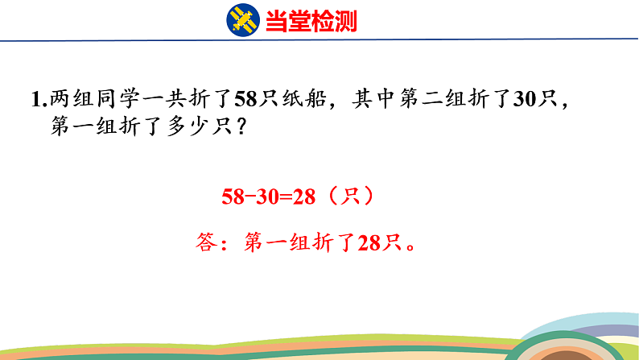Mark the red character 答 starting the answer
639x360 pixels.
click(x=208, y=242)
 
